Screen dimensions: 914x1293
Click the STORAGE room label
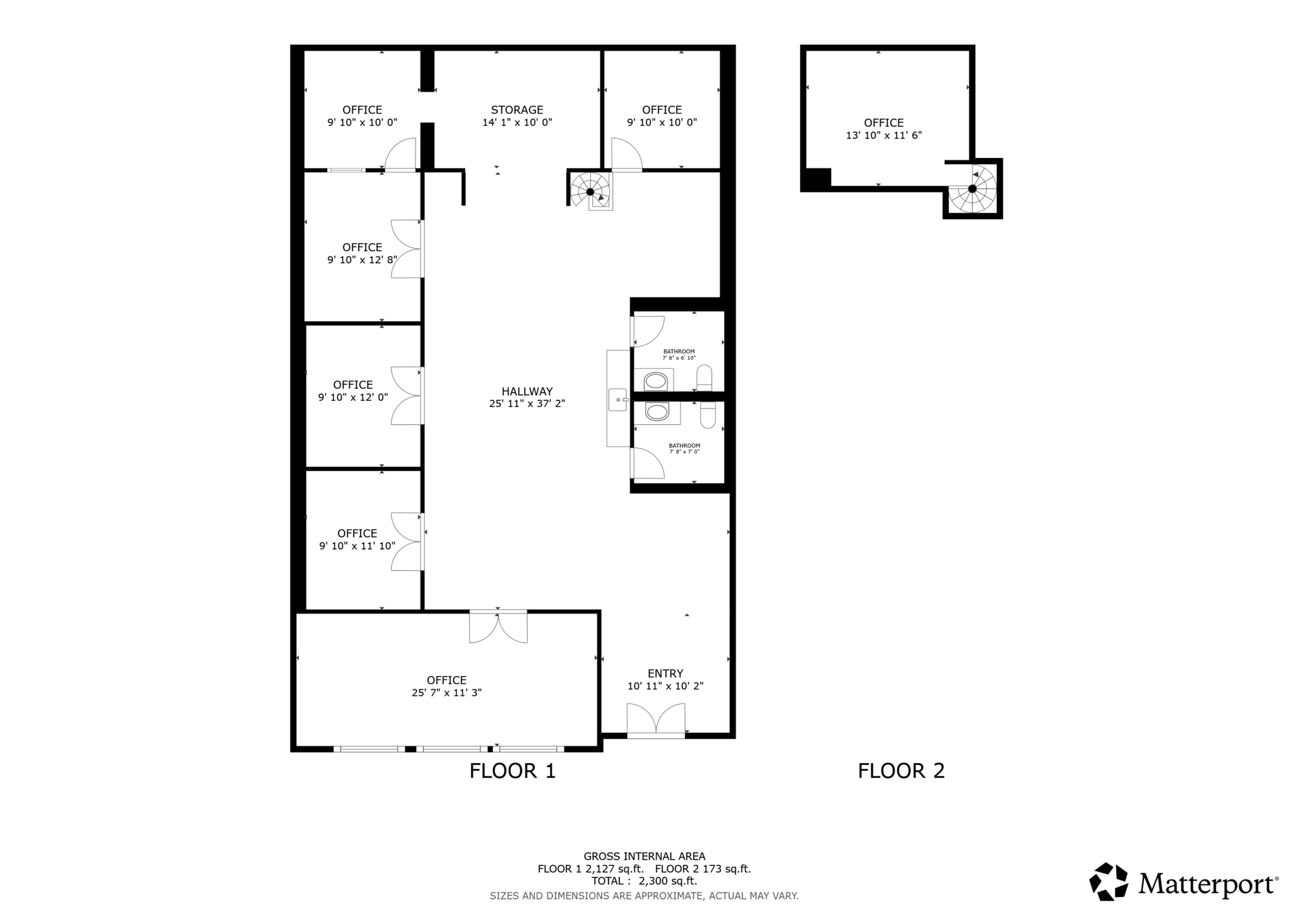click(x=517, y=110)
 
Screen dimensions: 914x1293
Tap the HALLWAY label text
click(x=527, y=391)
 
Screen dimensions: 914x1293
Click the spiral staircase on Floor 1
click(x=590, y=191)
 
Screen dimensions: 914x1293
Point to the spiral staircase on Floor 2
click(x=972, y=189)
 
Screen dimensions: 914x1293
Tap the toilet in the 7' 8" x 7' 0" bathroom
click(x=708, y=415)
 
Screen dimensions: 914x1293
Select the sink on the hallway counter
click(x=617, y=400)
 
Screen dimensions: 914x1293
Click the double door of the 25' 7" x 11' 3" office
click(x=498, y=627)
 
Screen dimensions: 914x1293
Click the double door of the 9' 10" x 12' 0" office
click(x=406, y=396)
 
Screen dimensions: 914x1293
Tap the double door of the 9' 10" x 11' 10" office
click(x=406, y=542)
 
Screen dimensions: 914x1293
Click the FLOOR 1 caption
click(x=512, y=771)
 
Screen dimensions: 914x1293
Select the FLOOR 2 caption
click(x=901, y=771)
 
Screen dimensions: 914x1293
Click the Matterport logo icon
click(x=1108, y=881)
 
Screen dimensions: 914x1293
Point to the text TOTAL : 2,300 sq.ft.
click(x=644, y=881)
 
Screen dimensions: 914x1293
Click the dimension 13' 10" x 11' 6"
click(x=883, y=135)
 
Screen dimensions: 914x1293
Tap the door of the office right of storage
click(x=626, y=156)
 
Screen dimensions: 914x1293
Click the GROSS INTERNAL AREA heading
click(x=644, y=857)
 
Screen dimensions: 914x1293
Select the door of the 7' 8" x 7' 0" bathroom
click(x=647, y=463)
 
